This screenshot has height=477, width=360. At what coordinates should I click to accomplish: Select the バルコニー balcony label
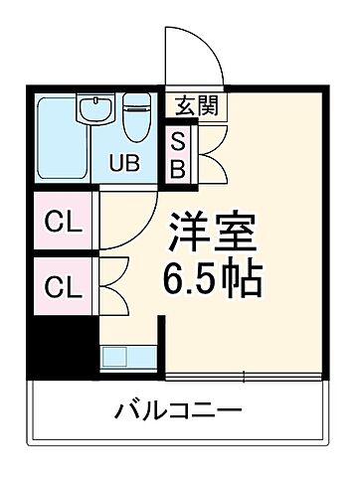click(x=179, y=409)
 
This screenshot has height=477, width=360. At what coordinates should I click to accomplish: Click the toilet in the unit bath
click(x=136, y=114)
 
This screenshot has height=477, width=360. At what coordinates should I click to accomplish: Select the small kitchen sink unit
click(x=116, y=356)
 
